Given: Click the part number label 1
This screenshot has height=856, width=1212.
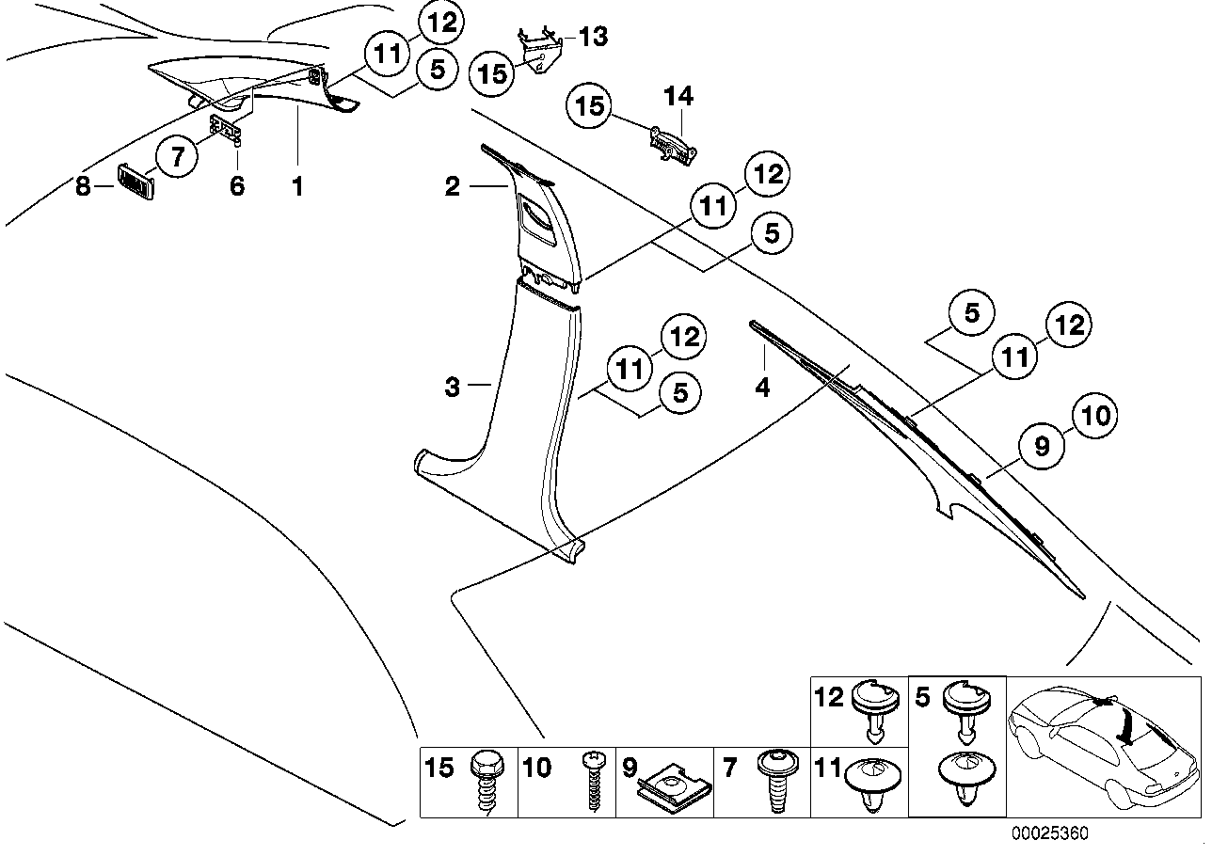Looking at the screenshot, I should pyautogui.click(x=297, y=186).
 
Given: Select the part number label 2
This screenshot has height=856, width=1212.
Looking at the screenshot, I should pyautogui.click(x=453, y=187).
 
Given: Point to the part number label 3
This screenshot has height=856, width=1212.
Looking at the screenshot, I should pyautogui.click(x=453, y=387).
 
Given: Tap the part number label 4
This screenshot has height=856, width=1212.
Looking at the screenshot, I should pyautogui.click(x=762, y=386).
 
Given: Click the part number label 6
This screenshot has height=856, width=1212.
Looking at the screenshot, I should pyautogui.click(x=237, y=186).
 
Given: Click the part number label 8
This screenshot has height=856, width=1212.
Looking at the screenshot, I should pyautogui.click(x=83, y=186).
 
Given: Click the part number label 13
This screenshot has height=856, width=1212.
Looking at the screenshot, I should pyautogui.click(x=593, y=37).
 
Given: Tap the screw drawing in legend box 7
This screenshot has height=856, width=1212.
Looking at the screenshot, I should pyautogui.click(x=776, y=784).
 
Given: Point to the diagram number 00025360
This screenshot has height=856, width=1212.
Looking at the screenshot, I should pyautogui.click(x=1049, y=834).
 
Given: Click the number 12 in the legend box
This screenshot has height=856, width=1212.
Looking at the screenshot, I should pyautogui.click(x=829, y=697).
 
